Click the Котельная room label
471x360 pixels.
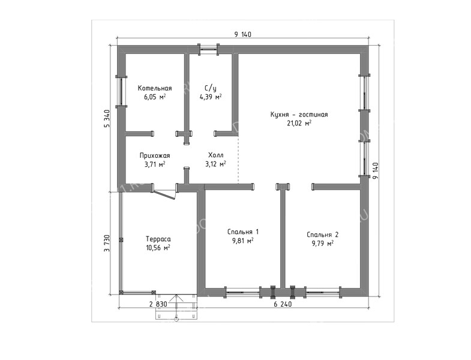pyautogui.click(x=155, y=88)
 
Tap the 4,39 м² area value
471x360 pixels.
pyautogui.click(x=211, y=97)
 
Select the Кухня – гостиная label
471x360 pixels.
pyautogui.click(x=299, y=115)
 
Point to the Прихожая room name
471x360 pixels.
pyautogui.click(x=155, y=155)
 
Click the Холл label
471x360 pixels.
pyautogui.click(x=215, y=155)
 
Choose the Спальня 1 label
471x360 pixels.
pyautogui.click(x=243, y=232)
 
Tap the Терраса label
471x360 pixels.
pyautogui.click(x=158, y=239)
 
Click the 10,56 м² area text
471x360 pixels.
pyautogui.click(x=158, y=248)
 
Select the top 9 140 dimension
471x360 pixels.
pyautogui.click(x=243, y=35)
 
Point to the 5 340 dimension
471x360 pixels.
pyautogui.click(x=107, y=118)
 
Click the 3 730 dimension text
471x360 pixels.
pyautogui.click(x=107, y=244)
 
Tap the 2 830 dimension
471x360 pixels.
pyautogui.click(x=158, y=304)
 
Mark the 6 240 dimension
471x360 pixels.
pyautogui.click(x=283, y=304)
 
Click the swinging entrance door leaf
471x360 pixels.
pyautogui.click(x=164, y=194)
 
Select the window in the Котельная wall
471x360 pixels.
pyautogui.click(x=121, y=91)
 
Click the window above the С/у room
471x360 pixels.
pyautogui.click(x=208, y=49)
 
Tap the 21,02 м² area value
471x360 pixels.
pyautogui.click(x=299, y=123)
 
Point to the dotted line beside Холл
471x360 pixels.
pyautogui.click(x=238, y=160)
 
